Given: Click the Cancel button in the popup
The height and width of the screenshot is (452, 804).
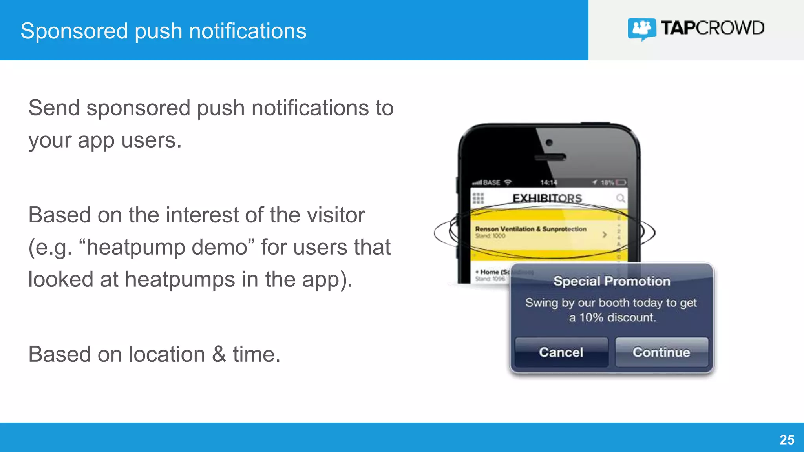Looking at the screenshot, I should coord(561,352).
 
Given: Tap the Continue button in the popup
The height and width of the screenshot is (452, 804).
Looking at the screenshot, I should coord(661,352).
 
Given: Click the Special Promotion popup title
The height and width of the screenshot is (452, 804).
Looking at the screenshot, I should coord(612,281).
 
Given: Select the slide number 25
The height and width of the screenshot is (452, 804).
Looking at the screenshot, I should coord(787,440).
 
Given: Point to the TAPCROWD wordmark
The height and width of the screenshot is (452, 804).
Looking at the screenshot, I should coord(713,28).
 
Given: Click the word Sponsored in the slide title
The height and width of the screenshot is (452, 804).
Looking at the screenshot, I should coord(74,31).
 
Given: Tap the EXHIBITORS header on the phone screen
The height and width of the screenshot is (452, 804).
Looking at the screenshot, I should coord(547,199).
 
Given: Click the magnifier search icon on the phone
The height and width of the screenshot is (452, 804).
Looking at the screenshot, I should coord(620,198).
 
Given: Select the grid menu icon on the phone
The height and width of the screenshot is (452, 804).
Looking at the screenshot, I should coord(478,199).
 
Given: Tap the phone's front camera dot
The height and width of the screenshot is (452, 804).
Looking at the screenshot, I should coord(549,142).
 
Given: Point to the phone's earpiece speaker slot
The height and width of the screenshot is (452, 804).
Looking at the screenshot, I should coord(550,158).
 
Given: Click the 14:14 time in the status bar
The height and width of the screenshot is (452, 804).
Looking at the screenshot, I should coord(548,182).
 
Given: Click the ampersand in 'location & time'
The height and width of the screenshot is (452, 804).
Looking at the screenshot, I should coord(219,354).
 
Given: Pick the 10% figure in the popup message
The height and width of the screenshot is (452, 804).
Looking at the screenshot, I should coord(591,317).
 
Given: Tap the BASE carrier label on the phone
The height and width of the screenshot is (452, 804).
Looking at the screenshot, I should coord(492,182).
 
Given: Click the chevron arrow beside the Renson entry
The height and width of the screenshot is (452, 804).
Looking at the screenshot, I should coord(605,235).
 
